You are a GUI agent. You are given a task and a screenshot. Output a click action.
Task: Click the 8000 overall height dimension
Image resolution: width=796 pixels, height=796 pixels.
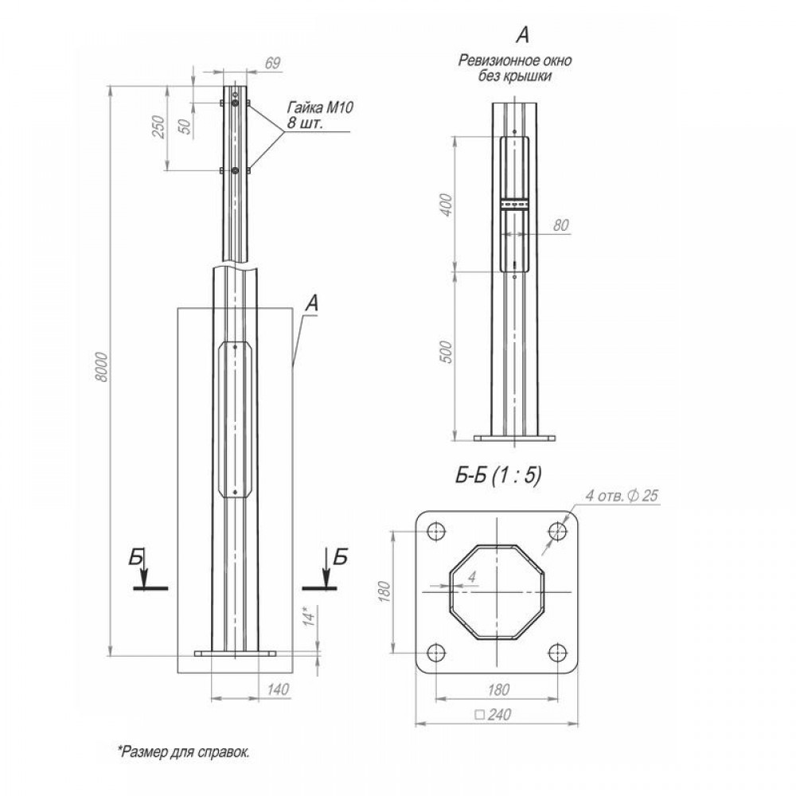point(102,366)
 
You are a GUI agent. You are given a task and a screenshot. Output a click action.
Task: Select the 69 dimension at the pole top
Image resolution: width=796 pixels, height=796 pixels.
point(272,63)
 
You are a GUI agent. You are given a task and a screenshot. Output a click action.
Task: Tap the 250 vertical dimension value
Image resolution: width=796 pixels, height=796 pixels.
point(159,127)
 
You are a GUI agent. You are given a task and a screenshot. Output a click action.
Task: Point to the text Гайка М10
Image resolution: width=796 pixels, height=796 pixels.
point(320,107)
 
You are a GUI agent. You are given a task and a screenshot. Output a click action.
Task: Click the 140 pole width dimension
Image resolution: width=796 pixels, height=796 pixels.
point(277,689)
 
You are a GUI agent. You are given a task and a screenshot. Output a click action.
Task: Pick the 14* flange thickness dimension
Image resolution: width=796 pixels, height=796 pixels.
point(309,615)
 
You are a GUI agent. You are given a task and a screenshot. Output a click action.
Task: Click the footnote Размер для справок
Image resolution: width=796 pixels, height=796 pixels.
point(184,752)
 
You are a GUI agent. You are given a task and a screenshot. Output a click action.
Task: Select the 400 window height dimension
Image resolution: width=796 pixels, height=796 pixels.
point(447,205)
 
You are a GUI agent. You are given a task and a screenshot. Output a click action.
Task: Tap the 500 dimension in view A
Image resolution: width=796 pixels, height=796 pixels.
point(446,352)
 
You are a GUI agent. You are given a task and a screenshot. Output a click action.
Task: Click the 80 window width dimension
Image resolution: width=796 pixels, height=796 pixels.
point(560,225)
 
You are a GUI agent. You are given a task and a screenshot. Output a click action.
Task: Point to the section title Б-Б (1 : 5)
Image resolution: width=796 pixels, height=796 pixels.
point(498,475)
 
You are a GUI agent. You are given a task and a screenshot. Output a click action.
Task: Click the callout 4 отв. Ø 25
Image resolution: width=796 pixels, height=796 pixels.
point(622,495)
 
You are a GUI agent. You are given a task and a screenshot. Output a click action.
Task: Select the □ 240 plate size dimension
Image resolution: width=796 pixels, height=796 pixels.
point(493,715)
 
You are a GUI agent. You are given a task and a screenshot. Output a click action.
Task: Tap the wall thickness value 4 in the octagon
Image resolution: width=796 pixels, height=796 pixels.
point(472,576)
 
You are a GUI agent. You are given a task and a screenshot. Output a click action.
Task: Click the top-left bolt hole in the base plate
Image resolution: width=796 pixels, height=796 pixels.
point(436,532)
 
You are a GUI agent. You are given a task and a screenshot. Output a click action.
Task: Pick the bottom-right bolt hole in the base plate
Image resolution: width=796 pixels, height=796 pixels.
point(558,653)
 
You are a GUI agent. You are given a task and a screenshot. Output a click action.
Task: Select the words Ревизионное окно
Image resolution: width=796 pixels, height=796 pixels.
point(515,61)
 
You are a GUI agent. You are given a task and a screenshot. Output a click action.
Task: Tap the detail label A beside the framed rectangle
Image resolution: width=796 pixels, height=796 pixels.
point(312,304)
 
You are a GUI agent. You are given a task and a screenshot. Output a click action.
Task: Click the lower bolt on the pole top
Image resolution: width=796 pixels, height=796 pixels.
point(235,170)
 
